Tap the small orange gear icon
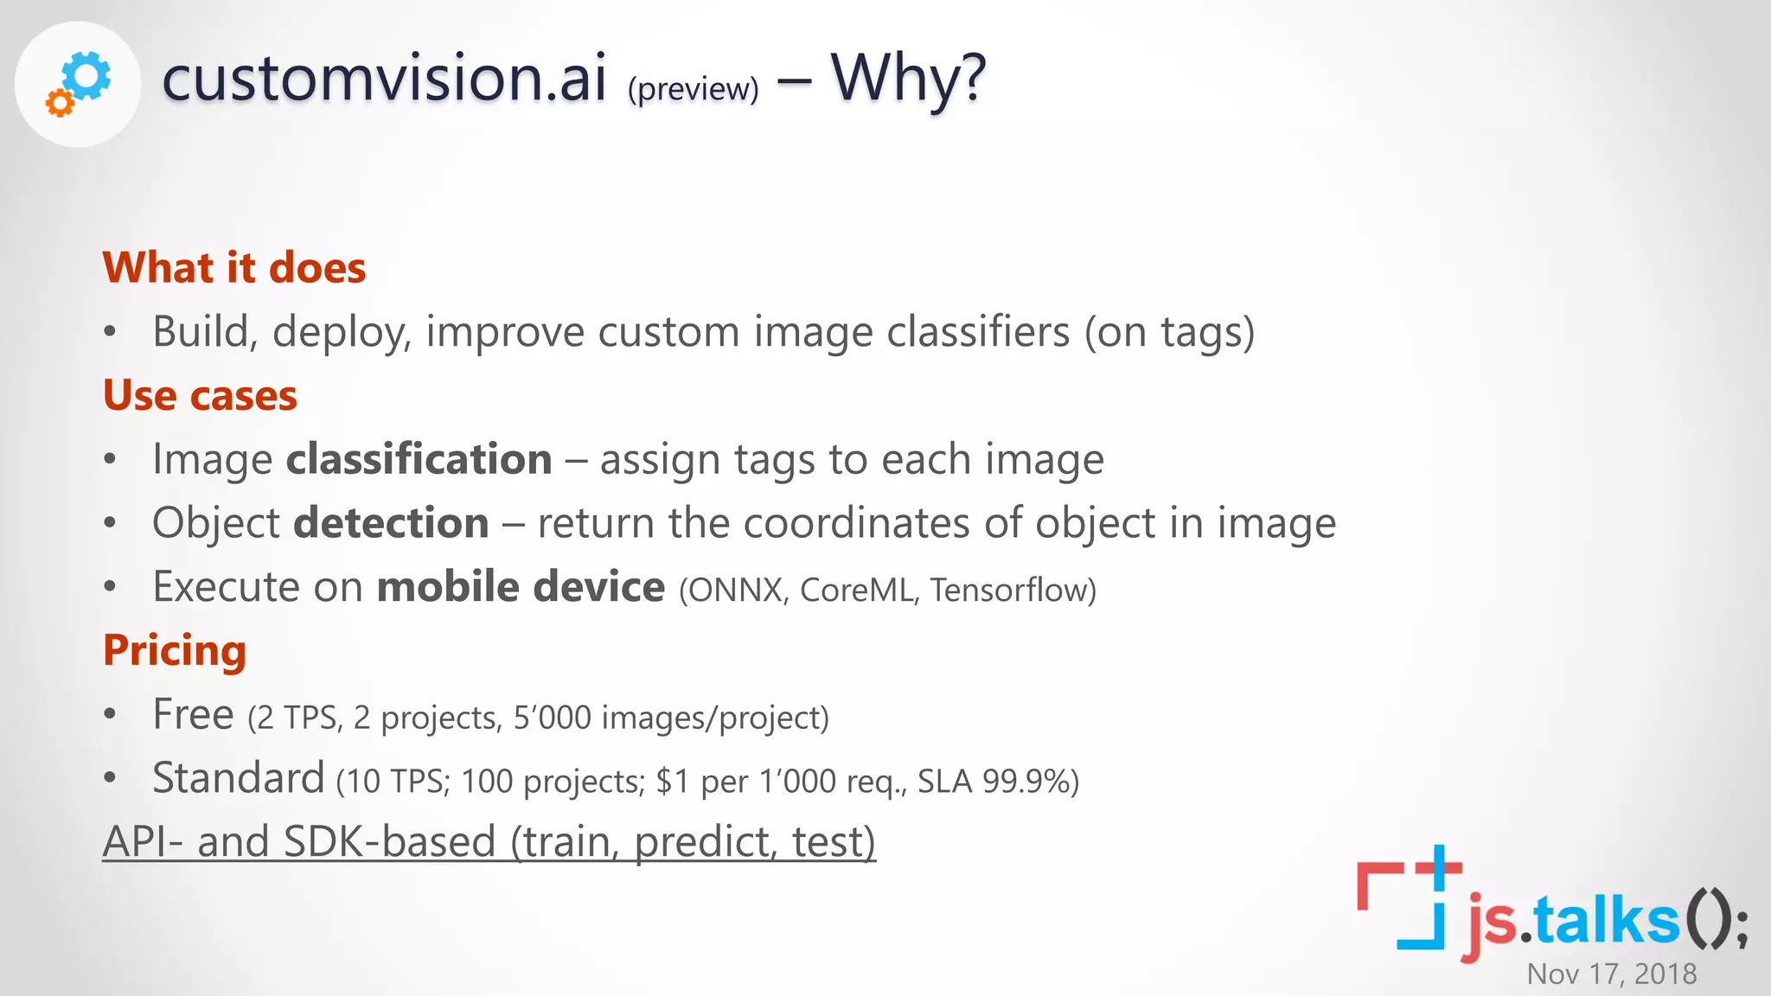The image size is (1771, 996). (60, 103)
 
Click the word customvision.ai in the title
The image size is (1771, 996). (384, 78)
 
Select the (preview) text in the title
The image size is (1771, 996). (693, 88)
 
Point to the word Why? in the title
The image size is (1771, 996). (908, 78)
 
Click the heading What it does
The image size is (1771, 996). (234, 267)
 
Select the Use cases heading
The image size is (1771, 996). (200, 395)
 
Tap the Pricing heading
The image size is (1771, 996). (175, 650)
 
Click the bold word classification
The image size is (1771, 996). (419, 458)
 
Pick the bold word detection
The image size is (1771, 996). (391, 522)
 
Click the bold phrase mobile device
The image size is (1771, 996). (521, 586)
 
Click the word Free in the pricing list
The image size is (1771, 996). (193, 714)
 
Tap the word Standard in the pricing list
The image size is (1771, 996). (238, 777)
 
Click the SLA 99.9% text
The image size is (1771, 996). (997, 782)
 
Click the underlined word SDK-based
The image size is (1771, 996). (389, 841)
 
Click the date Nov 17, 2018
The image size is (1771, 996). (1611, 974)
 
